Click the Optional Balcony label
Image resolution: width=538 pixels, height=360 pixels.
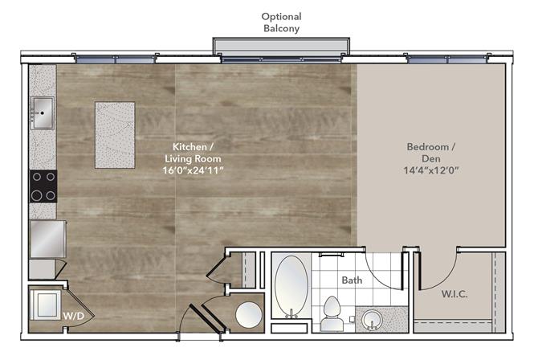tap(281, 22)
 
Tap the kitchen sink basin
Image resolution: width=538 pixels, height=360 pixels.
tap(43, 113)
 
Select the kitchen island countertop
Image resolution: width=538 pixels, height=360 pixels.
tap(115, 135)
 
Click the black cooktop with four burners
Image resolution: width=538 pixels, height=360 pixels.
tap(43, 186)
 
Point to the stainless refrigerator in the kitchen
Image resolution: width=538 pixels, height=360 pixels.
tap(48, 239)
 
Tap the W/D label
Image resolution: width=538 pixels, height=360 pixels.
tap(73, 316)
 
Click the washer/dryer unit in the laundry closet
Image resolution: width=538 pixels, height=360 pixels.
tap(46, 305)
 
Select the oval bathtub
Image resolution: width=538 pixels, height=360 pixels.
tap(291, 286)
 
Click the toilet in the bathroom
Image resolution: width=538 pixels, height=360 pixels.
tap(332, 314)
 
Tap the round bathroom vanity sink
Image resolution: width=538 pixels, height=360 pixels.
tap(372, 320)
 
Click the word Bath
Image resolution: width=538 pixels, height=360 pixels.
tap(352, 280)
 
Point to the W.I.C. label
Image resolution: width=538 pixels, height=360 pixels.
tap(454, 294)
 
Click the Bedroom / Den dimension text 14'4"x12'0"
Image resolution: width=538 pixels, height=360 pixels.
tap(431, 170)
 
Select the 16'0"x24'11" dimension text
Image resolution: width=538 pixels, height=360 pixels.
tap(193, 170)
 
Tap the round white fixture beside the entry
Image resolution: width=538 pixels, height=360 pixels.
tap(249, 315)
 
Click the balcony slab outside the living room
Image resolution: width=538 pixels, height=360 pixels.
tap(281, 46)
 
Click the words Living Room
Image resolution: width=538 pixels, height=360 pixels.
tap(193, 158)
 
